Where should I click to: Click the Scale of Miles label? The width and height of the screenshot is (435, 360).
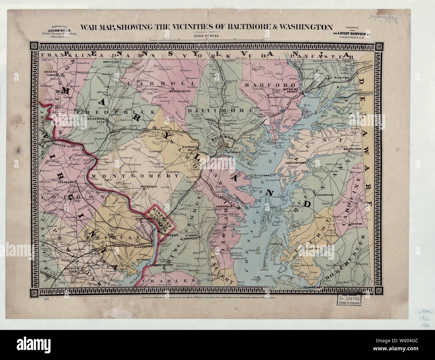(x=204, y=35)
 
